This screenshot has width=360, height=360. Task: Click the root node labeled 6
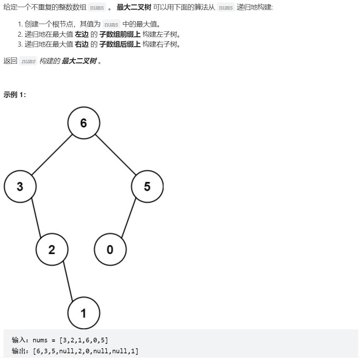pos(84,123)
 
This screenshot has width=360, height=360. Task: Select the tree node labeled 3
pos(20,186)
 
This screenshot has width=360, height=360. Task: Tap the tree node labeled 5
pos(147,186)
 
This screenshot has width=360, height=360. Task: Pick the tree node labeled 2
pos(52,250)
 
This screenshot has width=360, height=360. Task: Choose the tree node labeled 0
pos(110,250)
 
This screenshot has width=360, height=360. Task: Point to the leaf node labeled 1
pos(84,313)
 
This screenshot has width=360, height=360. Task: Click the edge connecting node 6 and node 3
pos(52,155)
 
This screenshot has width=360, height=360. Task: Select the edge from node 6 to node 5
pos(116,155)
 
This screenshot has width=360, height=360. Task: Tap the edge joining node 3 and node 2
pos(36,218)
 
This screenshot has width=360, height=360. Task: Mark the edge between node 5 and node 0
pos(129,218)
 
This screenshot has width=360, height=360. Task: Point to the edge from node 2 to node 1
pos(68,281)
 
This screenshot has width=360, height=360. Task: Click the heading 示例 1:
pos(15,95)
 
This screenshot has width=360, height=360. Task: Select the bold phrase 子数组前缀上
pos(120,35)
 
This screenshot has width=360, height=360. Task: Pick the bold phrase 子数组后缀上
pos(120,44)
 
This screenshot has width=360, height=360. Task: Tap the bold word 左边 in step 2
pos(82,35)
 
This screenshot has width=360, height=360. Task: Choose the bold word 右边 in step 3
pos(82,44)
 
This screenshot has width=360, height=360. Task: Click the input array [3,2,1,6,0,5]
pos(84,340)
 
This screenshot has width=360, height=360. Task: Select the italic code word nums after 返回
pos(28,61)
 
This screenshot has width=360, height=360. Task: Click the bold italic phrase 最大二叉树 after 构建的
pos(79,61)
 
